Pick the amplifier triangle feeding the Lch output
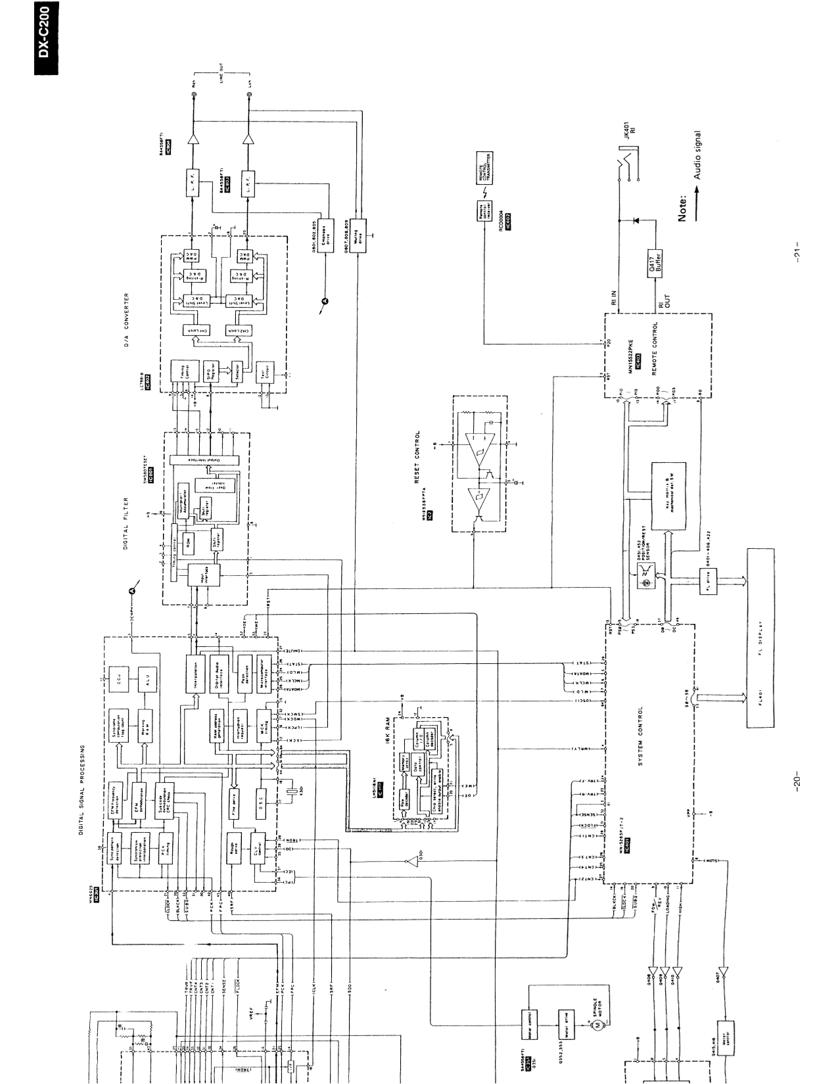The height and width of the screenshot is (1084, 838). click(250, 140)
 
